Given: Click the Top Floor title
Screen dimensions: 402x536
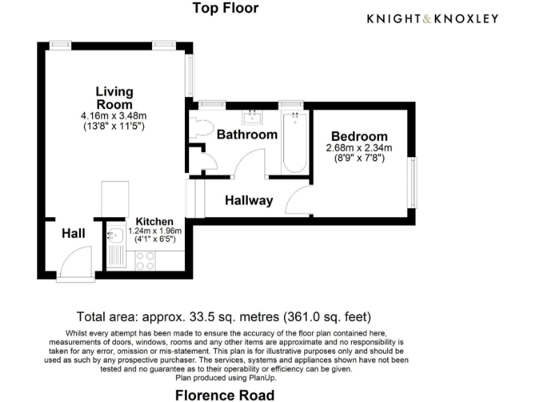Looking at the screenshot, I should point(225,8).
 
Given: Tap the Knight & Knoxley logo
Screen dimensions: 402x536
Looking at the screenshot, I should point(433,18).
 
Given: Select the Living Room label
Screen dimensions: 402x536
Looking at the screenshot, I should point(114,98).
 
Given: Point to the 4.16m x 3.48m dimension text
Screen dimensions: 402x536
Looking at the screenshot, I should point(114,116).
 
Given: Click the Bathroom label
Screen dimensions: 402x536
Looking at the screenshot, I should point(247,134).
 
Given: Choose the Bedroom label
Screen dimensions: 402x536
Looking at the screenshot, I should point(359,136).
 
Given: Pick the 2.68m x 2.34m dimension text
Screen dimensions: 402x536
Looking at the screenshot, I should point(359,148).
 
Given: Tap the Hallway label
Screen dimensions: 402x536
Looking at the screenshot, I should point(248,200).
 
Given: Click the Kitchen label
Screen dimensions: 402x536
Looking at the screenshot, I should point(154,221).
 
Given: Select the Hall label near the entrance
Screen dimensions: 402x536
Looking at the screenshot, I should point(73,233).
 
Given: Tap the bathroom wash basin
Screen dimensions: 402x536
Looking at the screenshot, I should point(251,117).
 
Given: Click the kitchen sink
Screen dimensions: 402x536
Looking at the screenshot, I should point(115,237).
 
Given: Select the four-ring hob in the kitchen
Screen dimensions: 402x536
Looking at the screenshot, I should point(145,260).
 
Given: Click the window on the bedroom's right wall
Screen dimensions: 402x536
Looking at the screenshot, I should point(413,181).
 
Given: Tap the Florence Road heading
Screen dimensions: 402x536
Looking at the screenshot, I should point(225,395).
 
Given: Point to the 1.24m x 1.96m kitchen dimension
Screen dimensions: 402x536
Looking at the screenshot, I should point(154,231).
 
